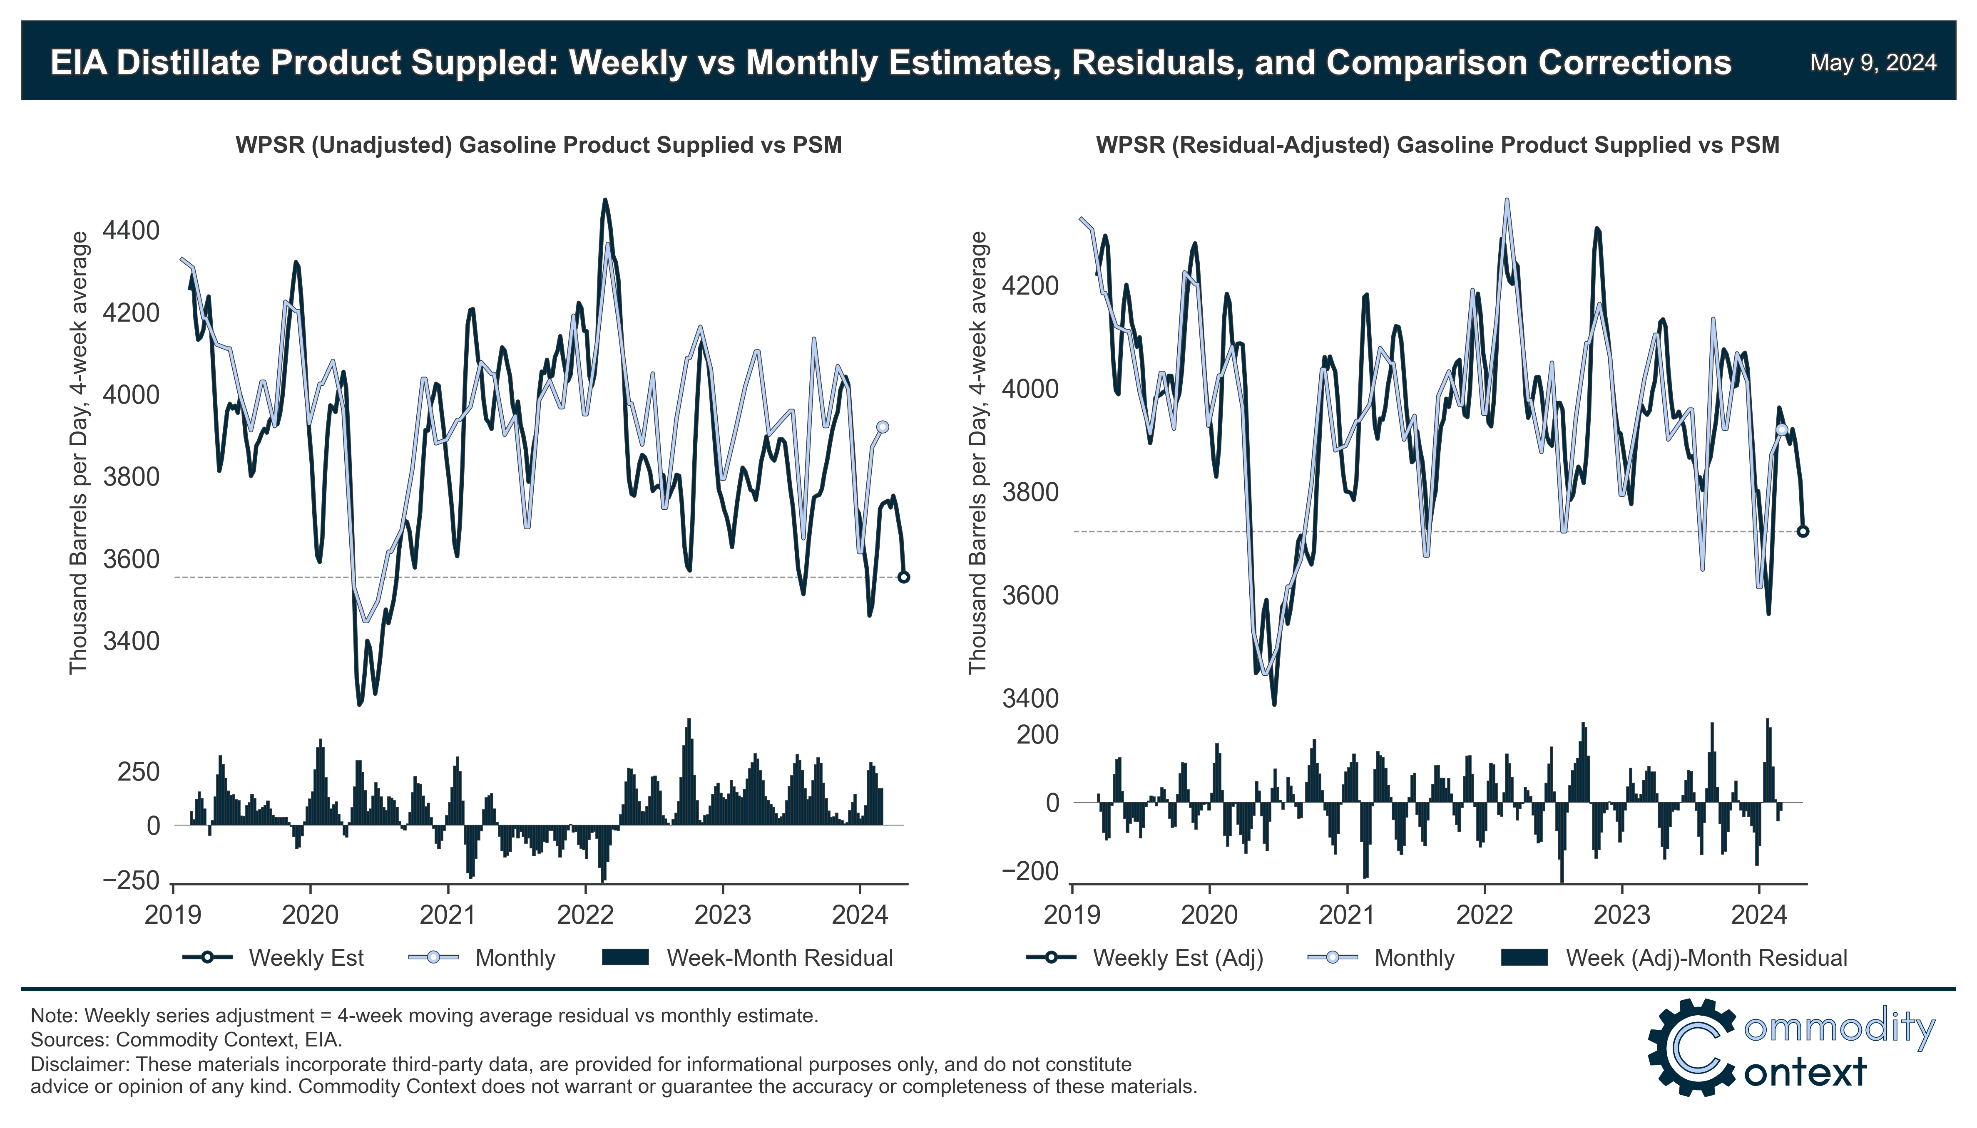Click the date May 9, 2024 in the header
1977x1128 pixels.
click(1873, 63)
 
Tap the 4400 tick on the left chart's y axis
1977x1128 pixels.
click(131, 231)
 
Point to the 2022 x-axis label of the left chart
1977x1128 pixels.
click(585, 915)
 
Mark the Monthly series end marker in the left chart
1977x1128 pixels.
click(882, 427)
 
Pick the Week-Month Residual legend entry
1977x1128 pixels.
click(779, 958)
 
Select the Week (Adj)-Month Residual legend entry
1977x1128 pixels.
click(1706, 958)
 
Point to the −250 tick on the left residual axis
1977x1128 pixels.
click(131, 881)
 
